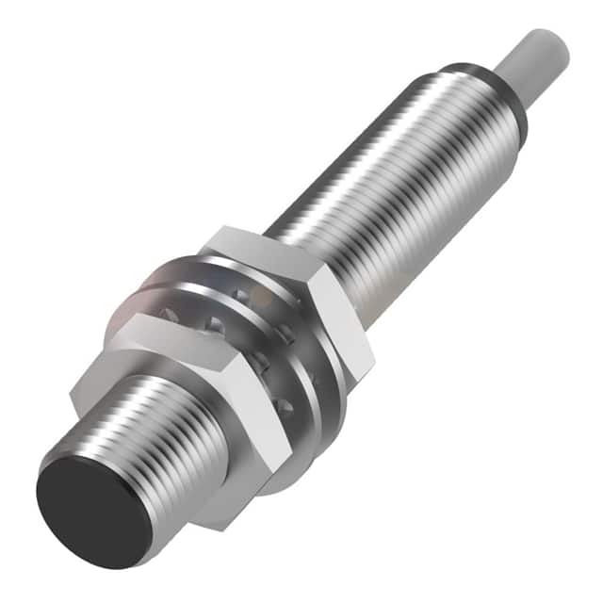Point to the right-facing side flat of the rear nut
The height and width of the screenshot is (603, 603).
tap(344, 320)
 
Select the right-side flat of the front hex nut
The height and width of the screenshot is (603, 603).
tap(259, 415)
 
